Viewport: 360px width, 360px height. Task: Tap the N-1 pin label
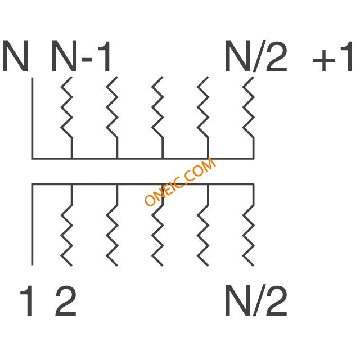click(82, 57)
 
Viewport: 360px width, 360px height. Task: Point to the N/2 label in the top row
click(256, 57)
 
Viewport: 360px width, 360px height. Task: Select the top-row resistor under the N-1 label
click(67, 110)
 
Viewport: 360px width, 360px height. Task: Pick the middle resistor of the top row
click(158, 110)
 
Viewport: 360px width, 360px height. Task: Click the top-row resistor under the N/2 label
click(249, 110)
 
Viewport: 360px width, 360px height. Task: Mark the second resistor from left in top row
click(112, 110)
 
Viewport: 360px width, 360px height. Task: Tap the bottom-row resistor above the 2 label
click(67, 233)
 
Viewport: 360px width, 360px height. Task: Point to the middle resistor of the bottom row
click(158, 233)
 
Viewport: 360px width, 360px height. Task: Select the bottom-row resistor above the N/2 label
click(249, 233)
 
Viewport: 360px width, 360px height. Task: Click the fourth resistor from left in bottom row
click(204, 233)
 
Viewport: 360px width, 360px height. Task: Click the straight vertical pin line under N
click(32, 118)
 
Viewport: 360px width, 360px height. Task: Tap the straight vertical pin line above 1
click(32, 225)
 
